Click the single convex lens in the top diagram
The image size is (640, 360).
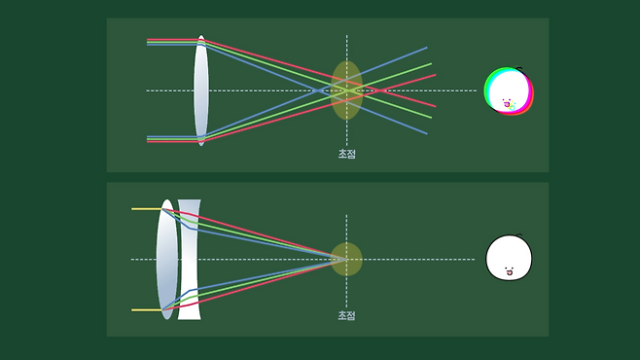[200, 90]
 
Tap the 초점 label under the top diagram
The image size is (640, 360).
[347, 154]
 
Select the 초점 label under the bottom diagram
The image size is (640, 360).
[347, 315]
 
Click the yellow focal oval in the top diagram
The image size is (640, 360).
[346, 90]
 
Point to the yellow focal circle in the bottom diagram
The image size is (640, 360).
[346, 259]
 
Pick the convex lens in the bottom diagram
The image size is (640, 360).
[167, 259]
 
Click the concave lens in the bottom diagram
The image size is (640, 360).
[190, 260]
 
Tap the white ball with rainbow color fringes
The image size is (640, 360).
[509, 90]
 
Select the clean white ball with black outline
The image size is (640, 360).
[509, 258]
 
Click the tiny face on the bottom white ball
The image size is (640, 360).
[509, 271]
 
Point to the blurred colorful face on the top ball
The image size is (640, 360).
[509, 105]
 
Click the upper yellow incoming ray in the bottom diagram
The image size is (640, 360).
[147, 209]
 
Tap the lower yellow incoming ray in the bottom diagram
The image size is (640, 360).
[147, 310]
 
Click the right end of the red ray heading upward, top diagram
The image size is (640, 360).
[436, 75]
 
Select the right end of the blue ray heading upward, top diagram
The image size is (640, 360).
[427, 48]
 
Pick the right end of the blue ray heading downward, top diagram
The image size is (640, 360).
[427, 133]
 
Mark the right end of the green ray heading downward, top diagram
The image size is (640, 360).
[432, 118]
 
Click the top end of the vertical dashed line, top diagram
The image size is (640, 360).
[347, 35]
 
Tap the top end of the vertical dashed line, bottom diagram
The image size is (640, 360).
[346, 215]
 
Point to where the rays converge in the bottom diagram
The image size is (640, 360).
[345, 259]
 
